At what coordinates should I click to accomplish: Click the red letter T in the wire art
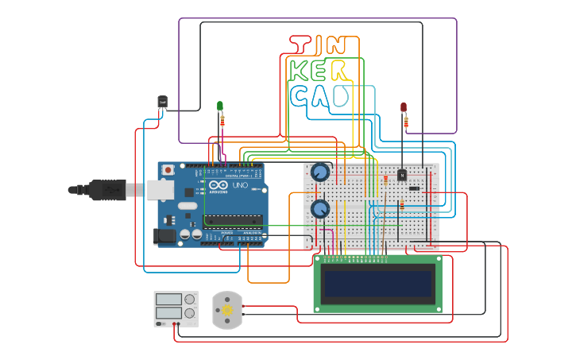pyautogui.click(x=300, y=46)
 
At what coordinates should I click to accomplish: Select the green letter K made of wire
pyautogui.click(x=299, y=71)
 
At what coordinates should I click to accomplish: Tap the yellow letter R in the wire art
pyautogui.click(x=340, y=71)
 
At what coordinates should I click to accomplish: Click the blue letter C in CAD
pyautogui.click(x=300, y=97)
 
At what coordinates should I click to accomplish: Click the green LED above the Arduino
pyautogui.click(x=221, y=106)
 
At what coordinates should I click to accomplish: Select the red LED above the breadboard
pyautogui.click(x=404, y=106)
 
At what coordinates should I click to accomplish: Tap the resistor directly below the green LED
pyautogui.click(x=222, y=120)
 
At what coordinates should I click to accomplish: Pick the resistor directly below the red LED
pyautogui.click(x=407, y=122)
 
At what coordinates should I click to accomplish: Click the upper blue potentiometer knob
pyautogui.click(x=320, y=172)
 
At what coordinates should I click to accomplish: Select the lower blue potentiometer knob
pyautogui.click(x=320, y=209)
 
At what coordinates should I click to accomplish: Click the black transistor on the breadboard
pyautogui.click(x=402, y=175)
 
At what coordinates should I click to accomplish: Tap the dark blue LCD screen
pyautogui.click(x=377, y=284)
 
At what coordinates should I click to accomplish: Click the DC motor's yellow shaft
pyautogui.click(x=226, y=310)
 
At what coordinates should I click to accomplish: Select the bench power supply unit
pyautogui.click(x=175, y=308)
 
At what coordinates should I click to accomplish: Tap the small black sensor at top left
pyautogui.click(x=162, y=102)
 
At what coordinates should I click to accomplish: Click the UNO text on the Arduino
pyautogui.click(x=239, y=184)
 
